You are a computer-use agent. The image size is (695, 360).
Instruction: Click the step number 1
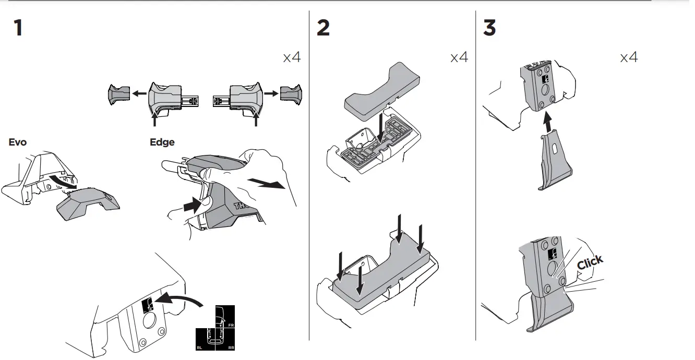pos(18,28)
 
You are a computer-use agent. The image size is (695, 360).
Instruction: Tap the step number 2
pos(323,28)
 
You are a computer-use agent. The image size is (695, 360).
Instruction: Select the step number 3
pos(489,28)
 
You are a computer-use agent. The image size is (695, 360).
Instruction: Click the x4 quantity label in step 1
pos(292,57)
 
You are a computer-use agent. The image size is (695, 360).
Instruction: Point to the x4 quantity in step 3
pos(629,57)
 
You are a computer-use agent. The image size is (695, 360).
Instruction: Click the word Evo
pos(18,142)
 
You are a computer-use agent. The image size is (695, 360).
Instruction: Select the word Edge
pos(162,142)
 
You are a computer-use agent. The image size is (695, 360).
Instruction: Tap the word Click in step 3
pos(590,261)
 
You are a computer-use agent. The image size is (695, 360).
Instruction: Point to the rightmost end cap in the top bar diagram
pos(290,93)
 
